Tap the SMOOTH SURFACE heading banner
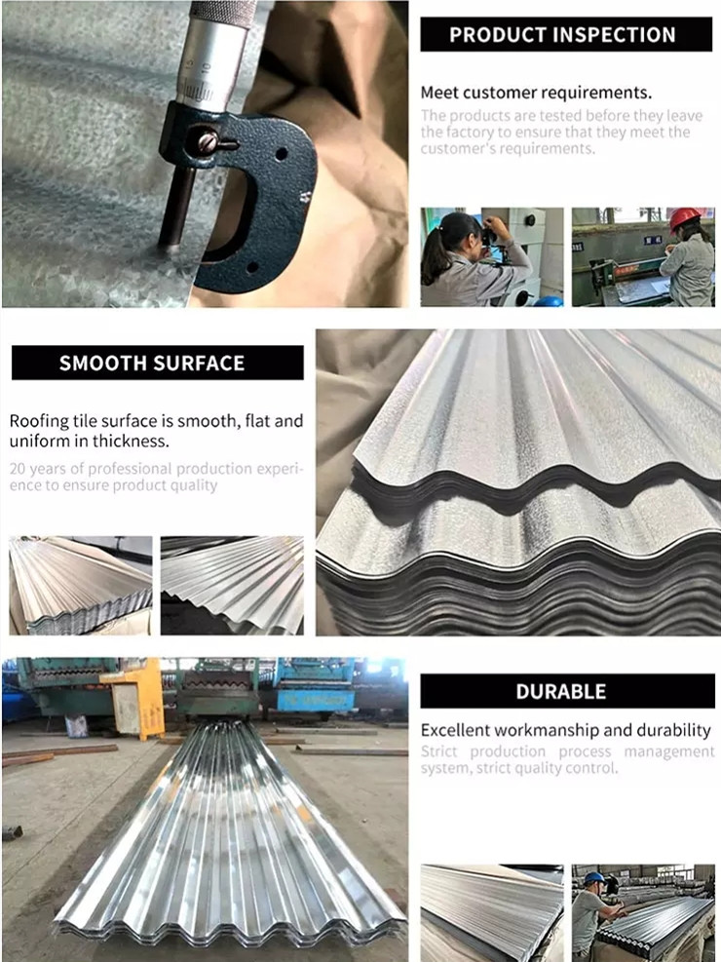pos(158,363)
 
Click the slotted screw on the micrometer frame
pos(208,142)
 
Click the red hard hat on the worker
pos(684,218)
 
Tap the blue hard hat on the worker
pos(593,878)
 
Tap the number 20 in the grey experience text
pos(18,469)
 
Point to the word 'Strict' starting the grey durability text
pos(439,751)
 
